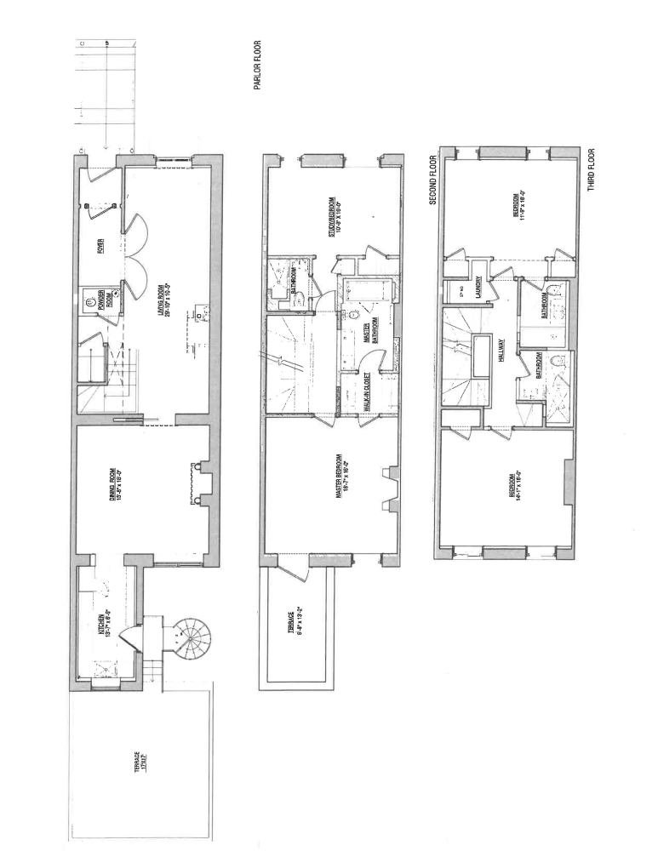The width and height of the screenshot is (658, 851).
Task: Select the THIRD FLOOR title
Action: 591,169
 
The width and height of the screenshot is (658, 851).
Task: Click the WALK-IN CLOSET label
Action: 367,395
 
